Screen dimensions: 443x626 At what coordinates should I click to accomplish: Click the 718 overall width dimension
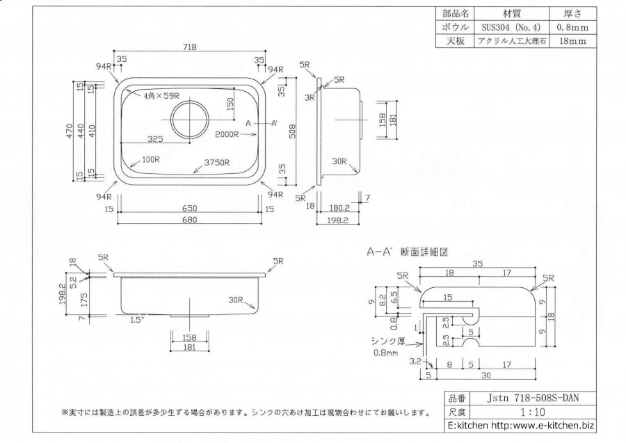[191, 48]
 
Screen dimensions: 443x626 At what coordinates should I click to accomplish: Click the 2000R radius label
[227, 133]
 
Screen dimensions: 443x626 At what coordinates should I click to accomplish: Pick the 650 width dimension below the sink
[190, 209]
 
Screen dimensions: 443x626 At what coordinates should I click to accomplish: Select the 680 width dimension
[190, 220]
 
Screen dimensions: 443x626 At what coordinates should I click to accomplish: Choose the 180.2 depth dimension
[339, 207]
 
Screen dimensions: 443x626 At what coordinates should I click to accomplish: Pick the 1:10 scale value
[529, 411]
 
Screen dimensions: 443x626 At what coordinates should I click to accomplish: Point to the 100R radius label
[151, 159]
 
